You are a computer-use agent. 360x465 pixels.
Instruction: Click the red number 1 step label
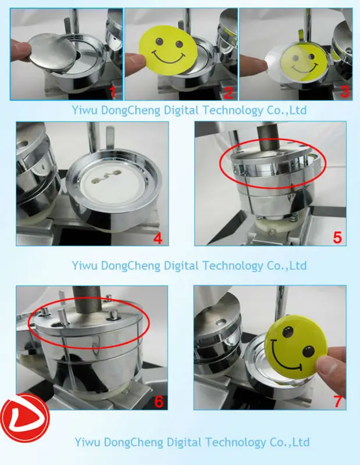(113, 92)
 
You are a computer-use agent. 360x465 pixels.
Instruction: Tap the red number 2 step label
(228, 93)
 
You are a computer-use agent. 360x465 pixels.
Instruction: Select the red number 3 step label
(344, 92)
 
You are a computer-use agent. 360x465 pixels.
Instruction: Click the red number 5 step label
(337, 238)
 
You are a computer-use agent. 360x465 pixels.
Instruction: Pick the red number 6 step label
(159, 402)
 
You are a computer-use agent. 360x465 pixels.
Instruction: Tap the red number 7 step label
(338, 402)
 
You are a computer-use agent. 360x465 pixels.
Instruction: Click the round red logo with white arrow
(25, 417)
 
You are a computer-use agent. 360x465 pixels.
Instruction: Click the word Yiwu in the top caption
(84, 110)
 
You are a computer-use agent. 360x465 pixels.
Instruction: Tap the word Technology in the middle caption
(234, 266)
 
